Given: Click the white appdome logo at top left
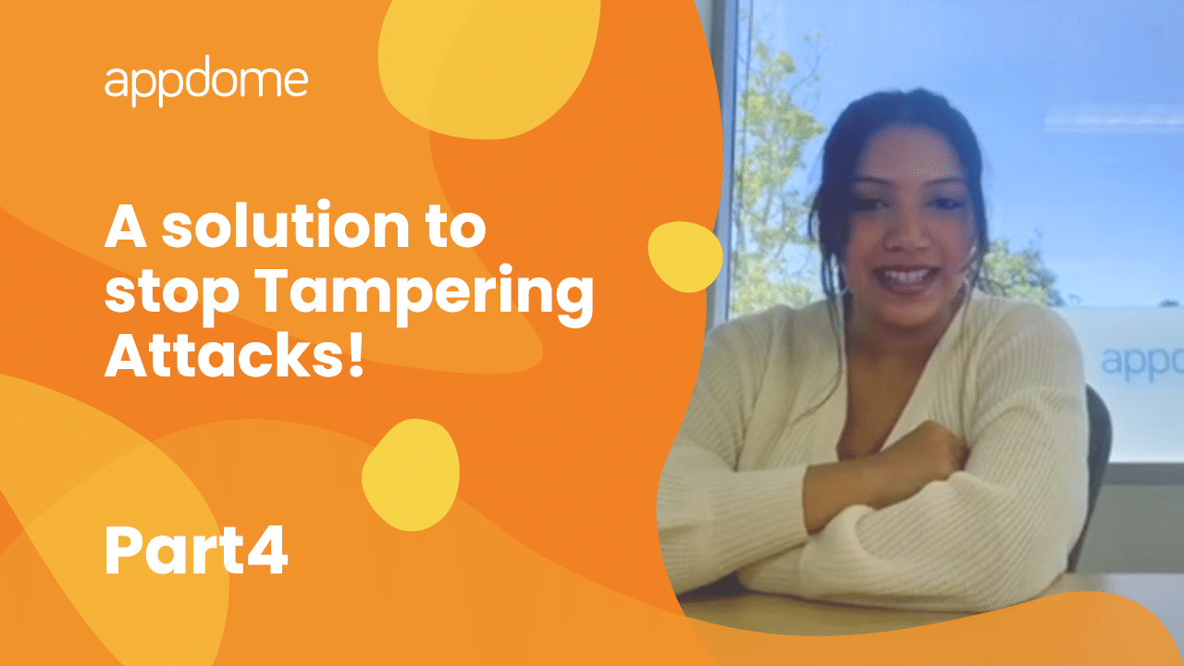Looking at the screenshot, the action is point(206,80).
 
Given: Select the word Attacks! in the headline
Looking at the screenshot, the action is point(235,353).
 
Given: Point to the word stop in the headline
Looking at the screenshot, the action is point(172,296).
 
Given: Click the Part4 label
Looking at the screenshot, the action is point(196,550).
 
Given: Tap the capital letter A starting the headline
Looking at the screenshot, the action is point(125,227).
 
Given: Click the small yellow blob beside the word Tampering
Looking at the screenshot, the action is point(685,257).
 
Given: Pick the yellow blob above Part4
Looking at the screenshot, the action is point(411,475).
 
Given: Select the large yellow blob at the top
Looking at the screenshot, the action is point(489,66).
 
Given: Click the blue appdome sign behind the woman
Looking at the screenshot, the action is point(1141,362).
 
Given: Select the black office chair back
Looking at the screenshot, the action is point(1095,465).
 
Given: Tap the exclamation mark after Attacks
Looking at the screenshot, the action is point(356,354).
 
